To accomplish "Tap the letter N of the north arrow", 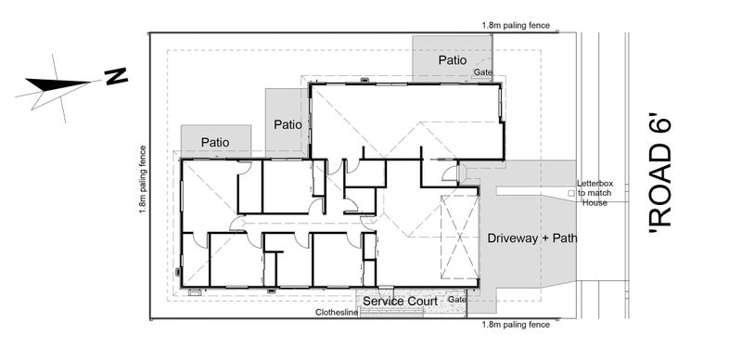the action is pyautogui.click(x=117, y=76).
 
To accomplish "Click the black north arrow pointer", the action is pyautogui.click(x=58, y=84).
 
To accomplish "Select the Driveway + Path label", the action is pyautogui.click(x=531, y=238).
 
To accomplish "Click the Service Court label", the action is pyautogui.click(x=400, y=302).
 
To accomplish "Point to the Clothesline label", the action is pyautogui.click(x=337, y=313).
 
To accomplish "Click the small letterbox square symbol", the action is pyautogui.click(x=570, y=193).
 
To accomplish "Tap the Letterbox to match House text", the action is pyautogui.click(x=594, y=193).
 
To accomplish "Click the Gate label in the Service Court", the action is pyautogui.click(x=456, y=300).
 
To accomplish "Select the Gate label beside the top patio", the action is pyautogui.click(x=483, y=72).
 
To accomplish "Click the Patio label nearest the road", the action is pyautogui.click(x=452, y=60).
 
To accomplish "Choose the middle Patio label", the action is pyautogui.click(x=288, y=125).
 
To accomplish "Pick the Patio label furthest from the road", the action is pyautogui.click(x=215, y=142).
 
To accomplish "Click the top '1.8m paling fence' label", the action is pyautogui.click(x=516, y=26).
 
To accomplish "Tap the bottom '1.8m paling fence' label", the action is pyautogui.click(x=516, y=325).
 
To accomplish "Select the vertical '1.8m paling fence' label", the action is pyautogui.click(x=143, y=179).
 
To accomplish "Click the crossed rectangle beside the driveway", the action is pyautogui.click(x=459, y=238).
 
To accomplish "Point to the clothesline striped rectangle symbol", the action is pyautogui.click(x=391, y=312).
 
